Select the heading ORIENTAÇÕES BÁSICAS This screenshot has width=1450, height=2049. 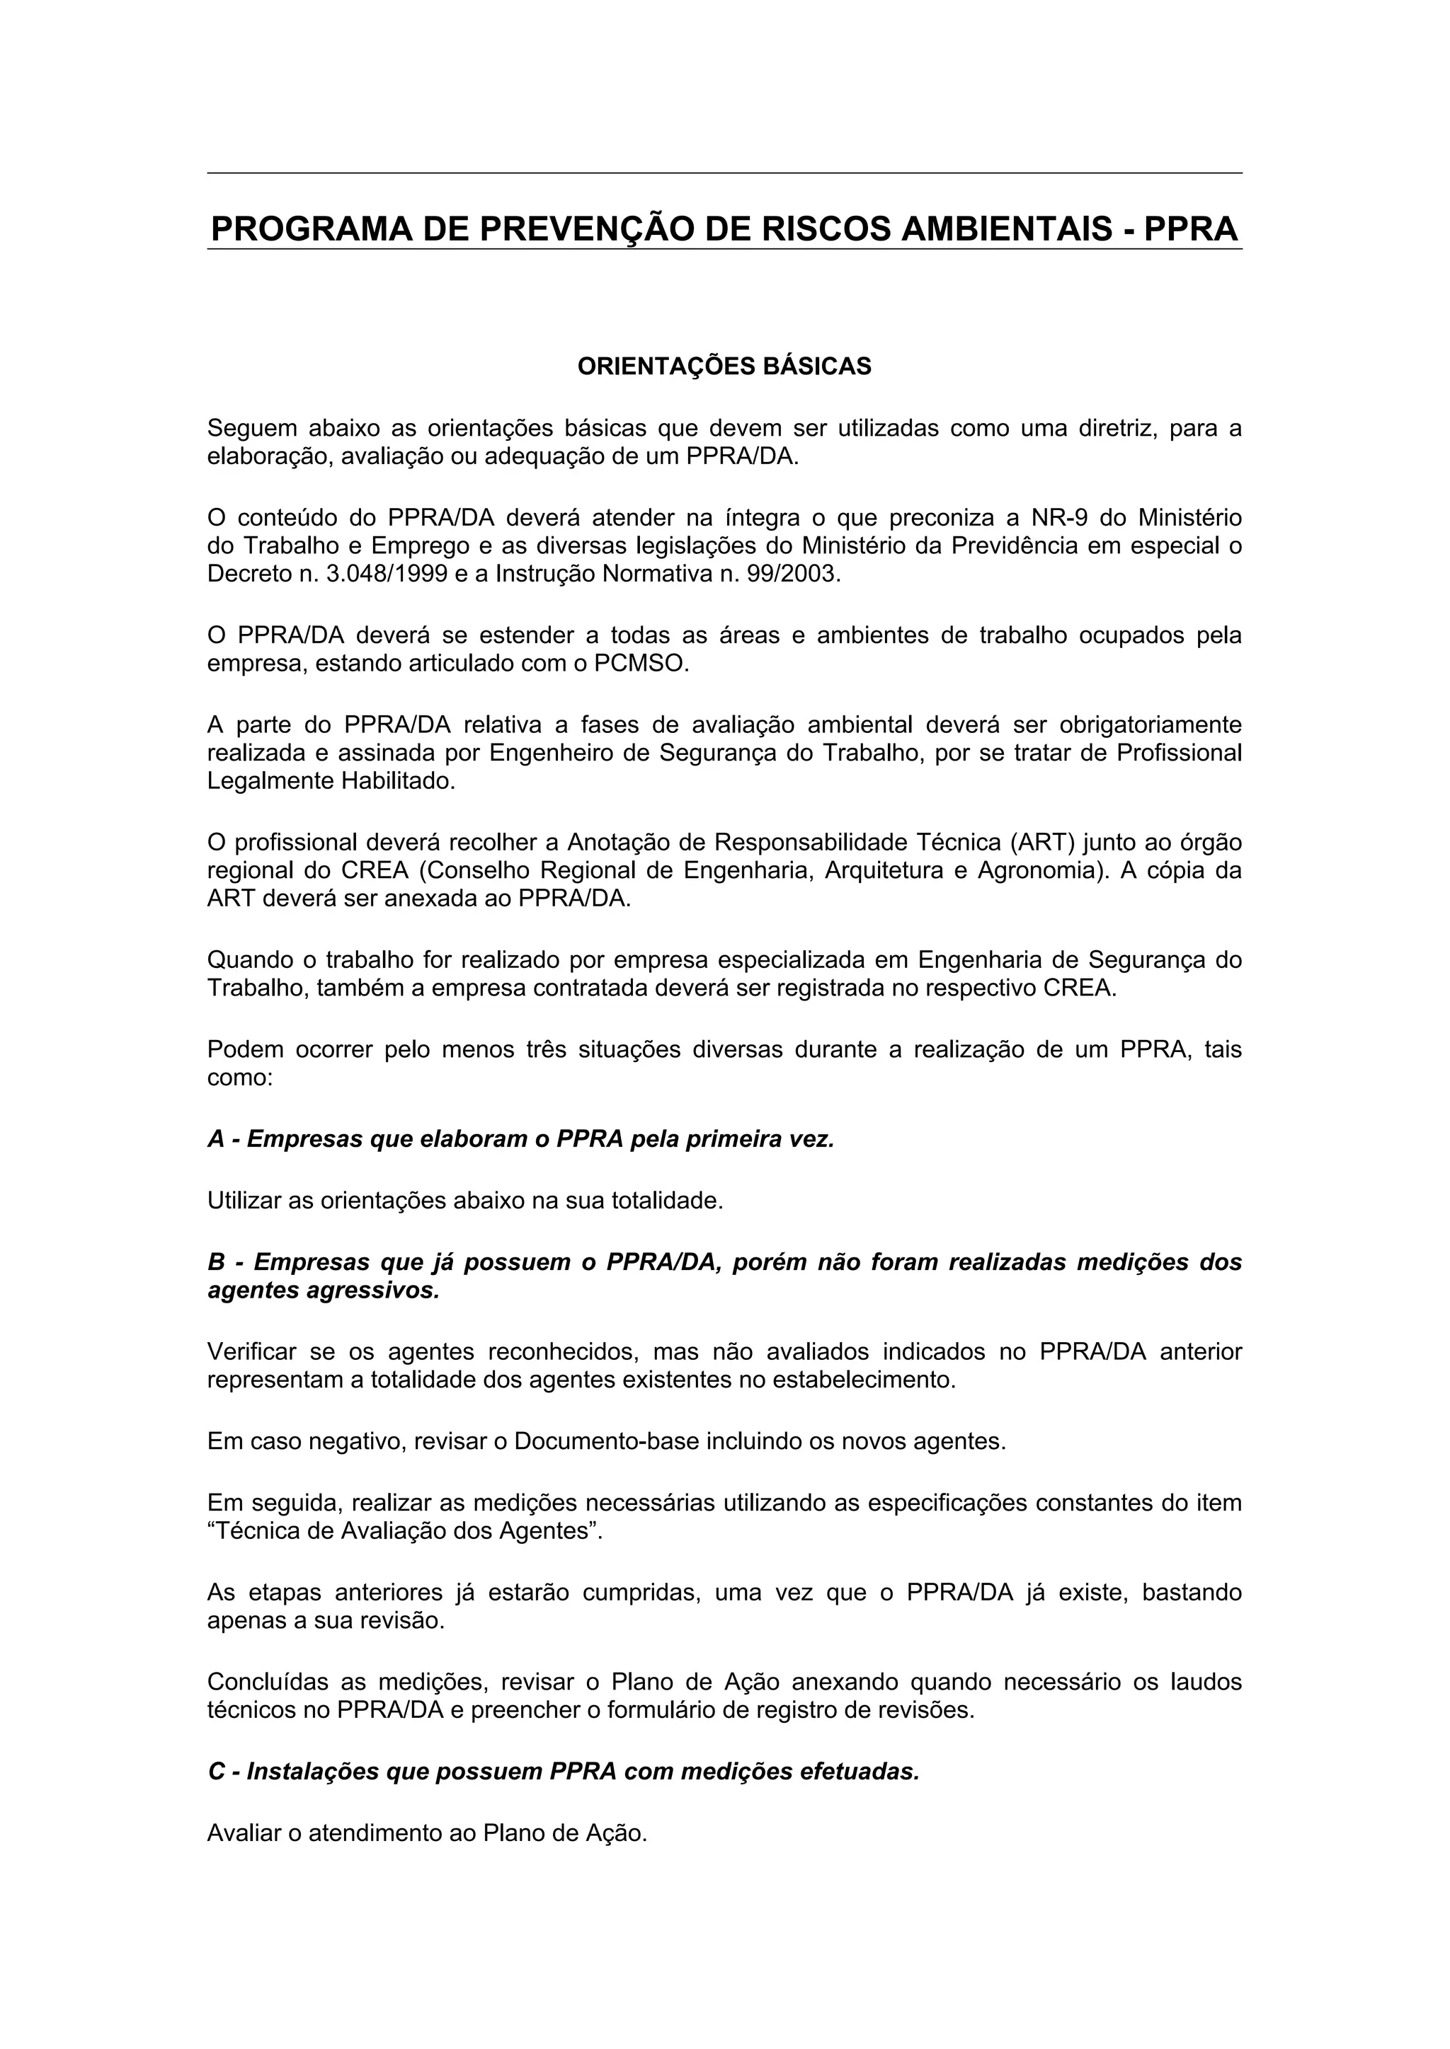(x=724, y=366)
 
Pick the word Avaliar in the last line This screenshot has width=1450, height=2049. (x=244, y=1834)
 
